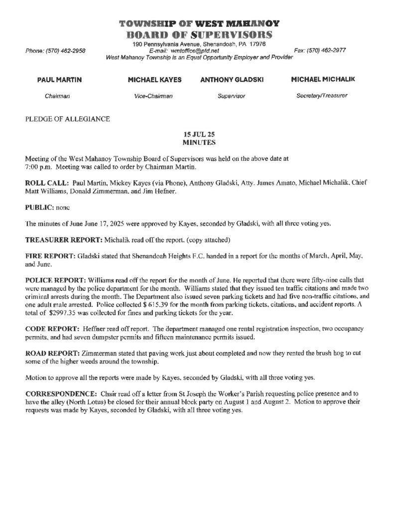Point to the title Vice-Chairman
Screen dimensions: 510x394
click(x=153, y=96)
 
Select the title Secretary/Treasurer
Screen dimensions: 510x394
click(x=322, y=95)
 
